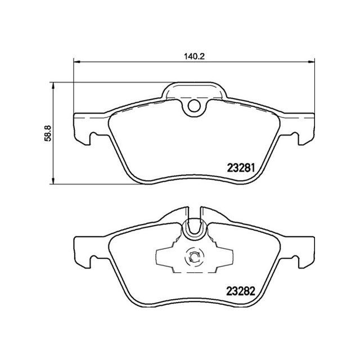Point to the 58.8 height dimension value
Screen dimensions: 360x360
(x=48, y=133)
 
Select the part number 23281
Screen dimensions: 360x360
(x=242, y=167)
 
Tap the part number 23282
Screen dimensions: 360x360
(x=242, y=292)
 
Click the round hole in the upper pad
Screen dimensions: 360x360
(x=194, y=105)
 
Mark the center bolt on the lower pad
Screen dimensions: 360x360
(x=193, y=258)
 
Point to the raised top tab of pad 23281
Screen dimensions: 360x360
(x=194, y=90)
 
